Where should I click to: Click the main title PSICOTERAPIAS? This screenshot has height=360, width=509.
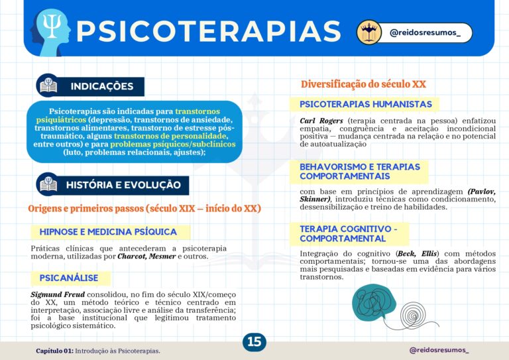point(208,30)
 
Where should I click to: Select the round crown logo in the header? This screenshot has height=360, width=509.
point(369,32)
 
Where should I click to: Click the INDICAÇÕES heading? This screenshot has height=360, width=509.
point(102,86)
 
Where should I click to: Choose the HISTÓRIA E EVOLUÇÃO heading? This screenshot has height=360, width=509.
point(123,185)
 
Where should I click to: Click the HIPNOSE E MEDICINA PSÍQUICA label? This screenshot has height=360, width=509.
point(108,232)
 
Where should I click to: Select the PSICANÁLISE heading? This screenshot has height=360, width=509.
point(70,278)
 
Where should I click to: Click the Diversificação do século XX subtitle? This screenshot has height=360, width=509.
point(363,84)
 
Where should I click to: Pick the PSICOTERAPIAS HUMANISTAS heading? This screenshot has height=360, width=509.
point(366,104)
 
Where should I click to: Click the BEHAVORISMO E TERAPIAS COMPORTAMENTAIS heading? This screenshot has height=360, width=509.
point(359,172)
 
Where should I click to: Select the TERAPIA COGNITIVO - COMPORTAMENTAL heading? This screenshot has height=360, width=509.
point(349,233)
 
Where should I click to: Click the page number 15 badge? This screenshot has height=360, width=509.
point(254,342)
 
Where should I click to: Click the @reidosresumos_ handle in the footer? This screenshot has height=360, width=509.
point(439,349)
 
